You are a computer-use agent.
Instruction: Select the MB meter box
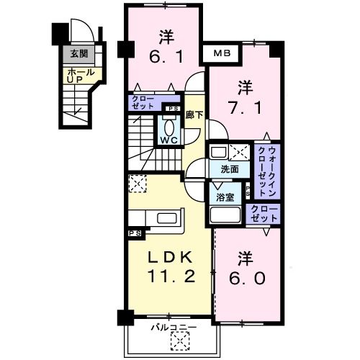click(x=221, y=53)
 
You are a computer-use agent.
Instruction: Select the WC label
click(x=170, y=140)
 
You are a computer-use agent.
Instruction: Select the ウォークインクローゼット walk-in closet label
click(x=266, y=170)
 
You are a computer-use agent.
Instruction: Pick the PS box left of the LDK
click(x=134, y=233)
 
